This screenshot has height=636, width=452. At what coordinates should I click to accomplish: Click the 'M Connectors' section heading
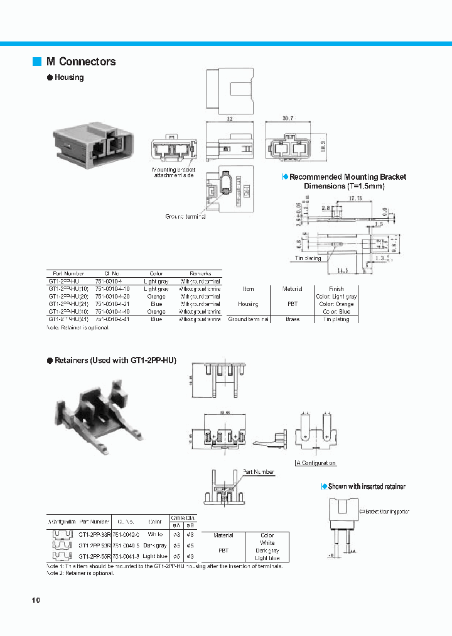80,62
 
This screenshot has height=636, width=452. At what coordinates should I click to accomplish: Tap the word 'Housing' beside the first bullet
69,77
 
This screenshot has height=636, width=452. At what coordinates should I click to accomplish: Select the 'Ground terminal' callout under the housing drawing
185,216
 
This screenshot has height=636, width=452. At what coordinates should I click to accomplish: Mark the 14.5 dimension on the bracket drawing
342,270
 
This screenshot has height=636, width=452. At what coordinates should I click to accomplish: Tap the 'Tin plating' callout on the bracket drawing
308,258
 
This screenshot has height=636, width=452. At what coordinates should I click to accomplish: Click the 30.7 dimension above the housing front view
288,118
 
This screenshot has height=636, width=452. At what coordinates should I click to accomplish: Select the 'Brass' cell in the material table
292,319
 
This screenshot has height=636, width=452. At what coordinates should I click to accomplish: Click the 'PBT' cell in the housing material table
292,304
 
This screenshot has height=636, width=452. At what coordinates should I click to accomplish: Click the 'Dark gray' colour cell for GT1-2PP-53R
154,546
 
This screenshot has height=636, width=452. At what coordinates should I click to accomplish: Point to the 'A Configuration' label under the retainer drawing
316,463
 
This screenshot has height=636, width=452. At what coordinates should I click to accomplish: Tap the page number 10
36,600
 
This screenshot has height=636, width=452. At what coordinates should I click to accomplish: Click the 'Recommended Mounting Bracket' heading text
347,177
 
